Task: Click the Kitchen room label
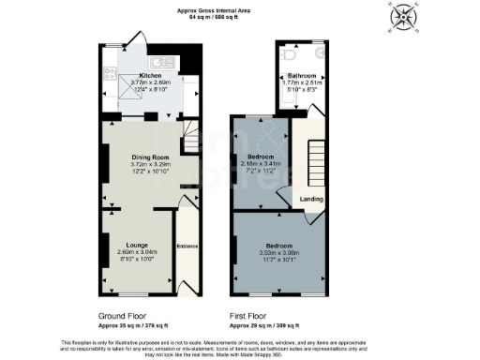(151, 75)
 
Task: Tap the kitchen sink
(159, 63)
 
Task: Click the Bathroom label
(301, 74)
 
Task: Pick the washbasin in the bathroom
(317, 55)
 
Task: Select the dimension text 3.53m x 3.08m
(279, 252)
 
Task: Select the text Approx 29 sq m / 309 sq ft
(265, 325)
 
